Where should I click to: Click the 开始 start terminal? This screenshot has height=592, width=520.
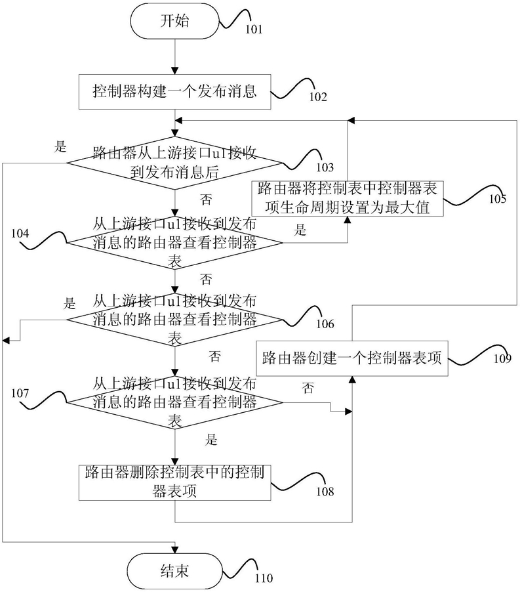174,21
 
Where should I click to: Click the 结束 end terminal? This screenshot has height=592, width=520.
174,571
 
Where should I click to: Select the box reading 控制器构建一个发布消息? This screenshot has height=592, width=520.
174,92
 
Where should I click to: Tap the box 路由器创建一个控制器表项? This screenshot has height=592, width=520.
352,358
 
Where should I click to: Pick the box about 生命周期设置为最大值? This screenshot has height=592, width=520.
348,199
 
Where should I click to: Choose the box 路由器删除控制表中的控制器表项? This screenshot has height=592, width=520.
174,482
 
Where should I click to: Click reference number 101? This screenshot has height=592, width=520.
254,29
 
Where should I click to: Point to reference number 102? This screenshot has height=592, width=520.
318,97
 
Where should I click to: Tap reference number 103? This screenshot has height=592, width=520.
325,167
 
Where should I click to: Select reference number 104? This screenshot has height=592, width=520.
20,234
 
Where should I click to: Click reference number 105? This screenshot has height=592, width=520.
497,199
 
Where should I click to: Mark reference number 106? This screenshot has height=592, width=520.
325,324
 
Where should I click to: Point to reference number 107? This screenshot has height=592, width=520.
20,393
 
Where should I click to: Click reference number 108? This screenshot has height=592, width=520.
325,491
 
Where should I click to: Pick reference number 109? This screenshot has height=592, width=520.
502,358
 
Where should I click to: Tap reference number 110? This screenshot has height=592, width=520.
264,578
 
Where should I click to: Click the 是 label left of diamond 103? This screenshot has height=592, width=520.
61,146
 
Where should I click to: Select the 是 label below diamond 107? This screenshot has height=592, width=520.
212,439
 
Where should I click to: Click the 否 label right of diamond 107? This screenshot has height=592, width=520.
308,388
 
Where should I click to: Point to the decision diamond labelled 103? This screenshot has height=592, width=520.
174,163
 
